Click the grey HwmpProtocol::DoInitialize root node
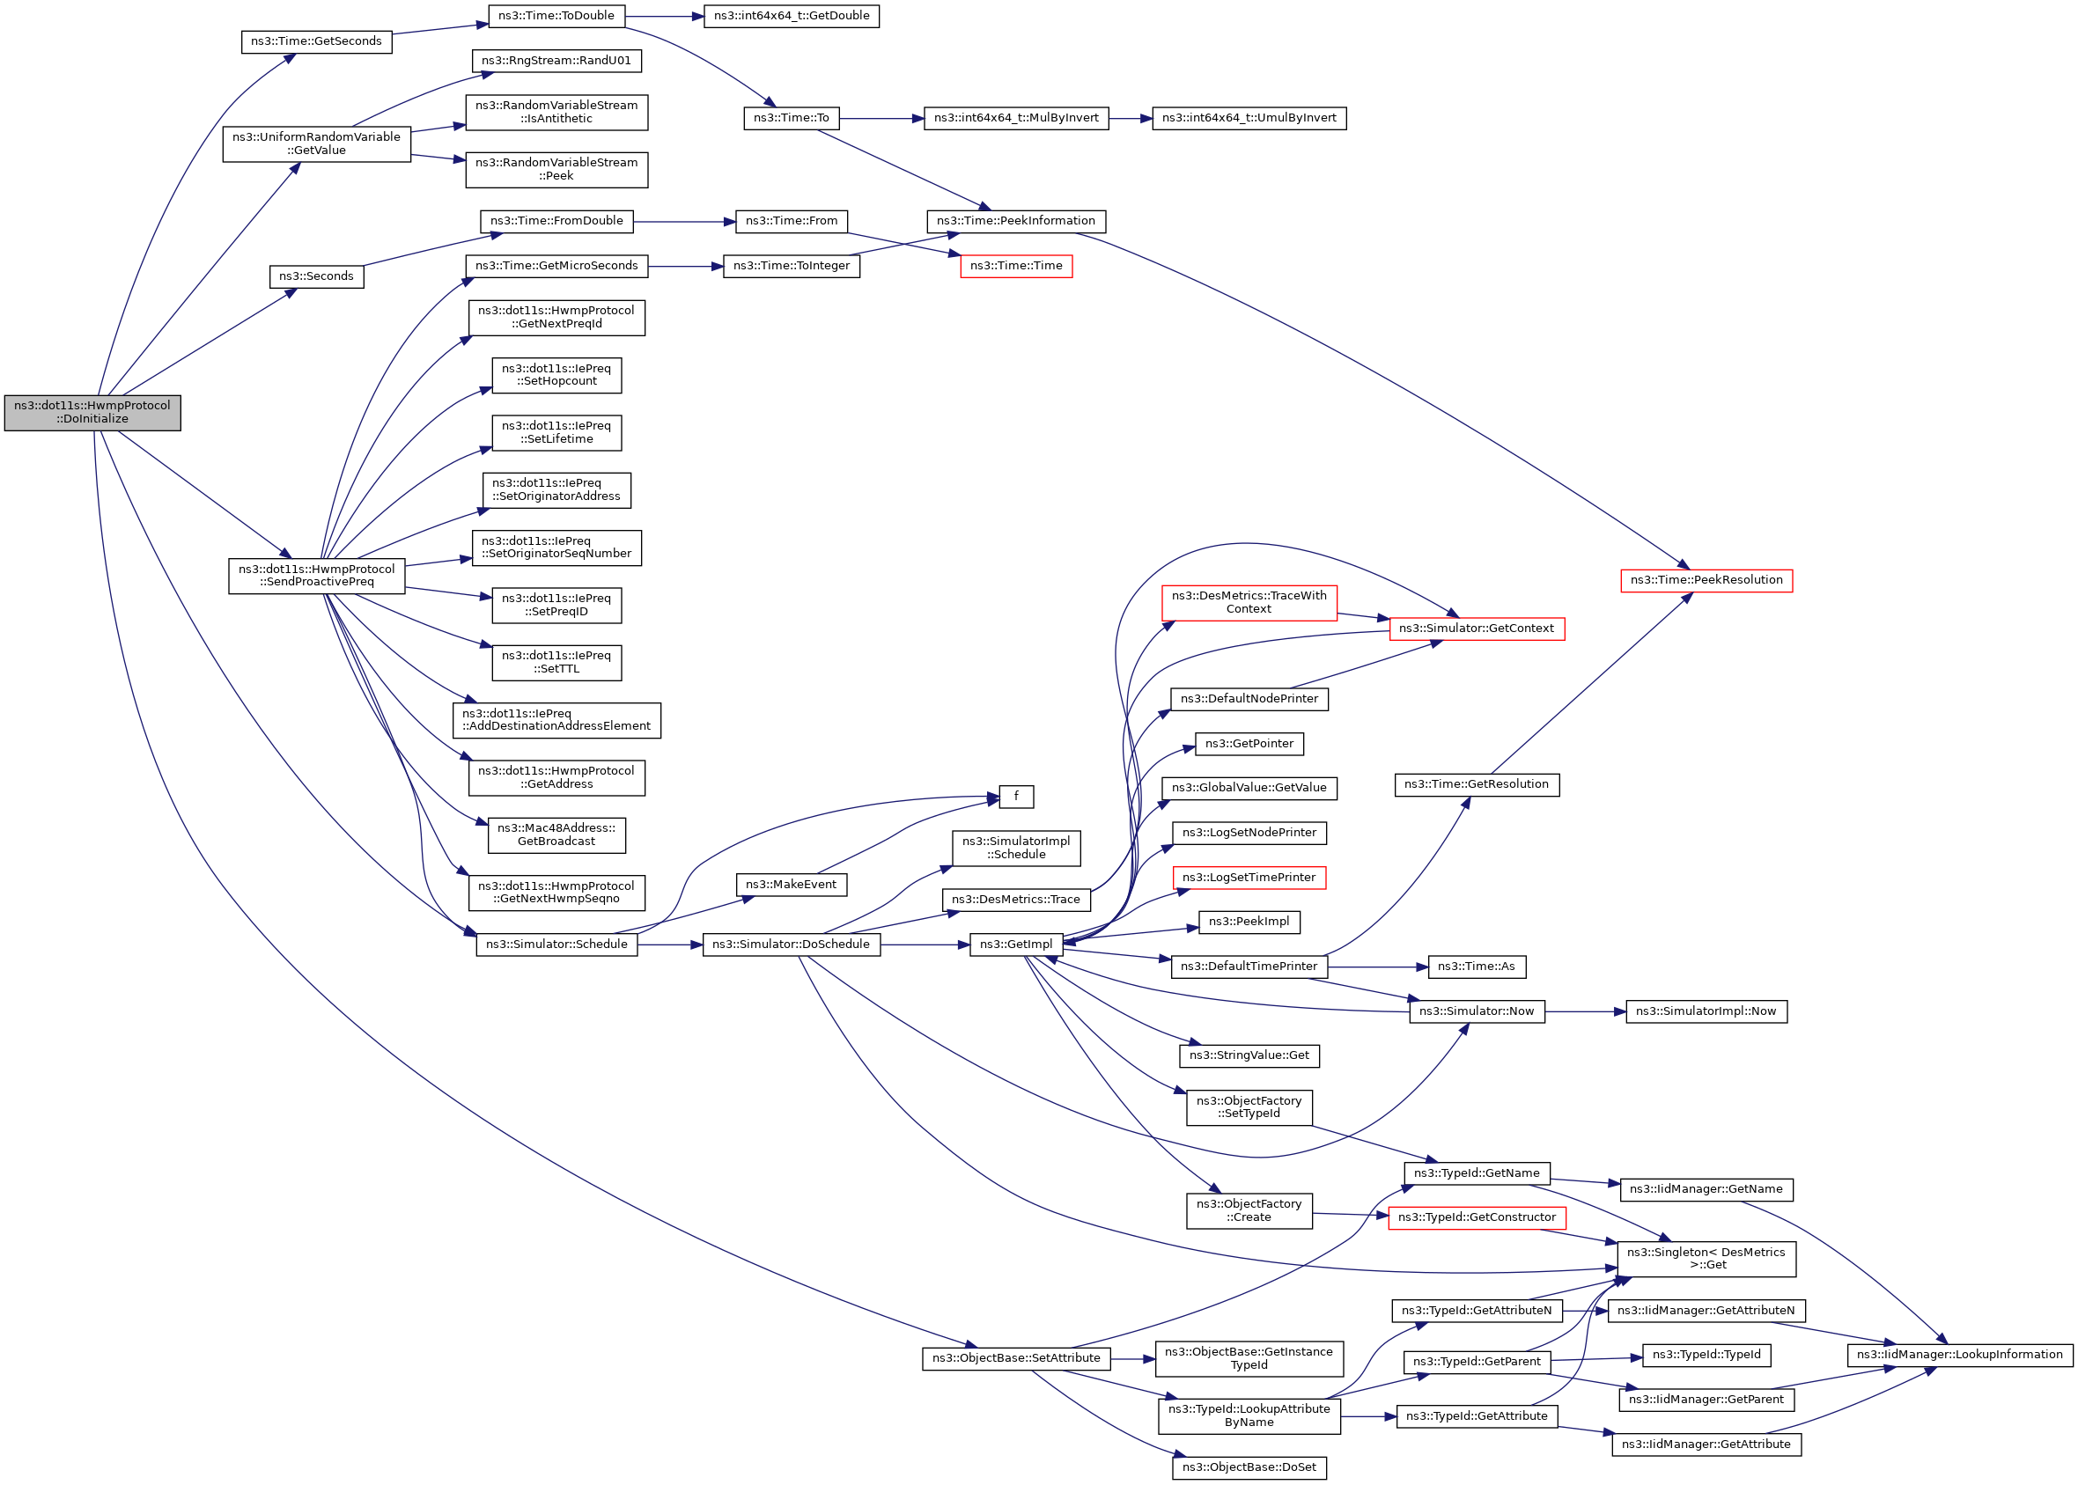(92, 412)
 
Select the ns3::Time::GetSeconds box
(316, 42)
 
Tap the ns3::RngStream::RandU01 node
(556, 62)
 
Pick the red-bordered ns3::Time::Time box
(1015, 266)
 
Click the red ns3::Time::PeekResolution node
(1706, 581)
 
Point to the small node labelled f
(1015, 797)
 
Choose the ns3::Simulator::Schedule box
(556, 945)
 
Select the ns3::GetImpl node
(1015, 945)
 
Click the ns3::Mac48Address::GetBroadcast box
(556, 834)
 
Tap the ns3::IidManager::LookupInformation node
(1959, 1355)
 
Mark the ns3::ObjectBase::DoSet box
(1249, 1467)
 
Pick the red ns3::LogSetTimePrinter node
(1249, 878)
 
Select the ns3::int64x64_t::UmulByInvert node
(1249, 119)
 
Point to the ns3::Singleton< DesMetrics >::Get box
(1706, 1259)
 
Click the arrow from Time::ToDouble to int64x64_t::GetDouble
(664, 17)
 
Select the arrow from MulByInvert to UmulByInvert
(1130, 119)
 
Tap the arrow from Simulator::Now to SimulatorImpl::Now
(1584, 1012)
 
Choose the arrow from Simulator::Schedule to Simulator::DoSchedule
(668, 945)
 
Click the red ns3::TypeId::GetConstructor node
(1477, 1218)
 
